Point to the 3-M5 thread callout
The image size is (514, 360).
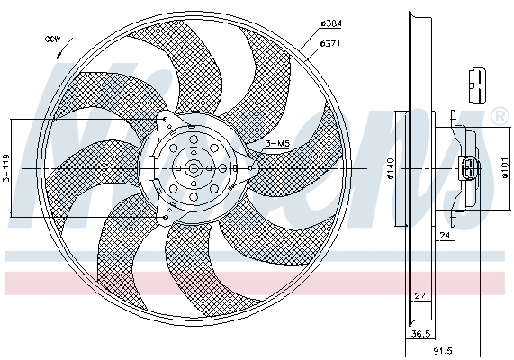click(276, 142)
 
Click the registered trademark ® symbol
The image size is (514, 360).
click(498, 117)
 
